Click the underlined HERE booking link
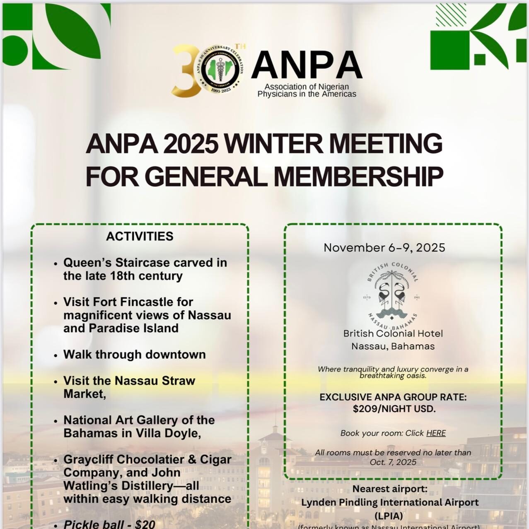click(436, 433)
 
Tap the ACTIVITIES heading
click(140, 236)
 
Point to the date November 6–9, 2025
click(384, 248)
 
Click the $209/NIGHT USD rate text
click(394, 409)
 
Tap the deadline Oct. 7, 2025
click(393, 462)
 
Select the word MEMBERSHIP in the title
click(358, 176)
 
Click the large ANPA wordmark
click(306, 65)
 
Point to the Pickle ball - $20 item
click(109, 524)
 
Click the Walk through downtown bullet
click(134, 355)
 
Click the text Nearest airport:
click(389, 489)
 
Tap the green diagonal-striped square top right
click(451, 15)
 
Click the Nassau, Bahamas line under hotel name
click(393, 346)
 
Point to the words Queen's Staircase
click(116, 263)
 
